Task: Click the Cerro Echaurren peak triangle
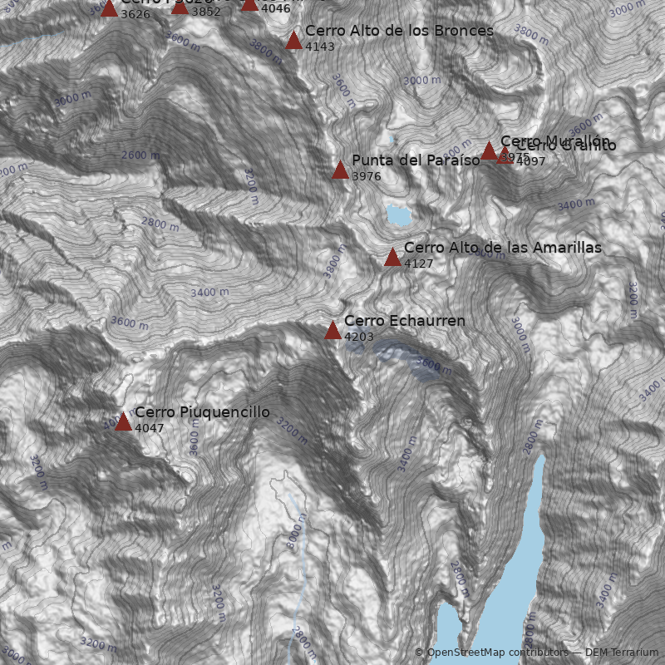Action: click(x=332, y=331)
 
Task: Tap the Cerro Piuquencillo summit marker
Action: click(x=123, y=422)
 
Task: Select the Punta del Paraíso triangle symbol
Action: click(x=340, y=170)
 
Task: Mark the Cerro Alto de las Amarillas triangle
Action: click(x=392, y=258)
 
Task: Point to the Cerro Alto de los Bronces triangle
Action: click(x=293, y=41)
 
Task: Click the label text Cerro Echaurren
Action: click(x=404, y=321)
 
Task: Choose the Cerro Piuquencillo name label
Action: click(x=202, y=412)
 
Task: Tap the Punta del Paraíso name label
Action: click(x=415, y=160)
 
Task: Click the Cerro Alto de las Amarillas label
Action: click(x=502, y=248)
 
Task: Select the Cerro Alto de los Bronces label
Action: click(x=399, y=31)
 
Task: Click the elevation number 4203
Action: click(x=358, y=337)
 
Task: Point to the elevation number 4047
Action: click(x=149, y=429)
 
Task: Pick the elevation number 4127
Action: click(x=418, y=264)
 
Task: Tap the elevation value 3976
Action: click(x=366, y=177)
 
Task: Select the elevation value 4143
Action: click(x=319, y=47)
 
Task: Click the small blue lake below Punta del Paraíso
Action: click(x=398, y=215)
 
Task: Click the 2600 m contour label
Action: click(x=140, y=155)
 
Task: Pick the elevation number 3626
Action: click(x=135, y=14)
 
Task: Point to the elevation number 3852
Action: click(x=205, y=12)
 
